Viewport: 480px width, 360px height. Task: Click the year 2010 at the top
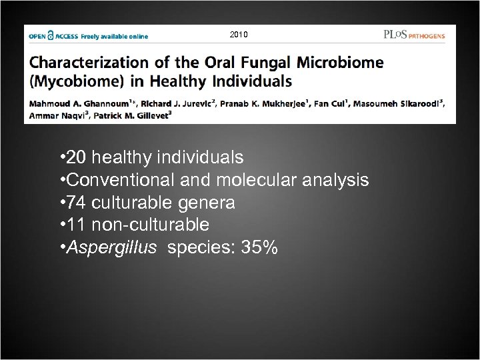tap(238, 34)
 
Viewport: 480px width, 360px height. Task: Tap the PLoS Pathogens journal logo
tap(413, 35)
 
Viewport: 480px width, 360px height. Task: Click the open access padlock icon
tap(51, 36)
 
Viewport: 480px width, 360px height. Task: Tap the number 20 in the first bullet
tap(77, 157)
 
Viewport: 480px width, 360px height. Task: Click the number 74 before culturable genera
tap(77, 203)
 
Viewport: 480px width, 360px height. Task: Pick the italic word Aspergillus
tap(112, 248)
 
